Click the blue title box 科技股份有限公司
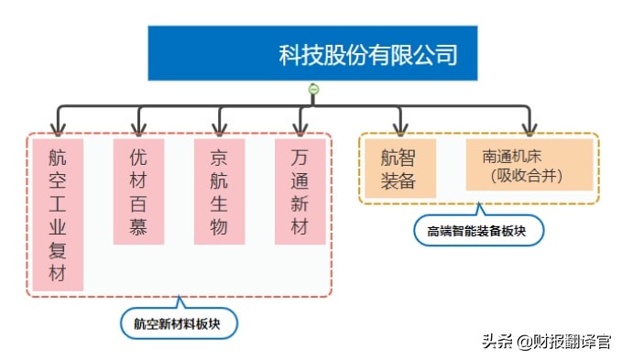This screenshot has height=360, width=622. pyautogui.click(x=313, y=53)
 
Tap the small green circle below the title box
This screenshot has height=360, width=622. pyautogui.click(x=313, y=89)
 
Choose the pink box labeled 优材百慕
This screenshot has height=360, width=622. pyautogui.click(x=138, y=191)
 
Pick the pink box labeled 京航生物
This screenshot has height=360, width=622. pyautogui.click(x=219, y=191)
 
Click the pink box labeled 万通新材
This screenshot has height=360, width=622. pyautogui.click(x=300, y=191)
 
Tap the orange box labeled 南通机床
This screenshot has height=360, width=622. pyautogui.click(x=529, y=165)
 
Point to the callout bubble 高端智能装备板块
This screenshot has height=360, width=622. pyautogui.click(x=478, y=230)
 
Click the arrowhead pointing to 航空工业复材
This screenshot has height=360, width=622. pyautogui.click(x=59, y=128)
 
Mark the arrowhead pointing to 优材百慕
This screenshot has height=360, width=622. pyautogui.click(x=139, y=128)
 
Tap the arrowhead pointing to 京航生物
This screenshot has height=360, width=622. pyautogui.click(x=220, y=128)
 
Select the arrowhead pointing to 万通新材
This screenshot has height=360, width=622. pyautogui.click(x=300, y=128)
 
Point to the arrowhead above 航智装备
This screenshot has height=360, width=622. pyautogui.click(x=399, y=128)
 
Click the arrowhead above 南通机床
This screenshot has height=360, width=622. pyautogui.click(x=529, y=128)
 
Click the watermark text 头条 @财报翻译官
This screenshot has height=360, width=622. pyautogui.click(x=546, y=342)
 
